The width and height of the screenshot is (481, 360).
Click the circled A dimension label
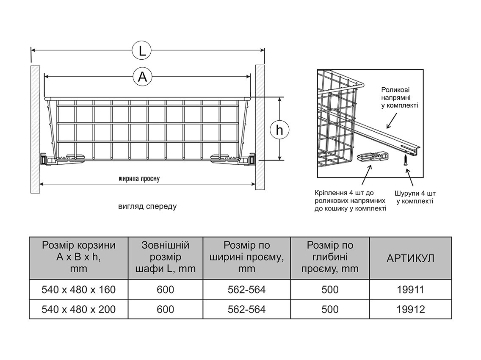pos(142,77)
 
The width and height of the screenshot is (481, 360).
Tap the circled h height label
pos(279,130)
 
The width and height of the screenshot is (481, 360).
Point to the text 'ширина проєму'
pos(139,179)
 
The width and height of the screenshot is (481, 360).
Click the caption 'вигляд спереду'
pos(147,207)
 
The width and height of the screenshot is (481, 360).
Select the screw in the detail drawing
pos(405,160)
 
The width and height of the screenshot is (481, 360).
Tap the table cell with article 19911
pos(410,290)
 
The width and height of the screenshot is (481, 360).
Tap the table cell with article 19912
pos(410,310)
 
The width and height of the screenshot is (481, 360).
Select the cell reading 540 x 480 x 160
pos(79,290)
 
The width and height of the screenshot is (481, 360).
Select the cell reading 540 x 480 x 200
pos(79,310)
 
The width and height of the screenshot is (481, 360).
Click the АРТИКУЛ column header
pos(410,258)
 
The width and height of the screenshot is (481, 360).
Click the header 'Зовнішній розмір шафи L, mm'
pos(166,257)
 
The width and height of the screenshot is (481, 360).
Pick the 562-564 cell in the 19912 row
pos(246,310)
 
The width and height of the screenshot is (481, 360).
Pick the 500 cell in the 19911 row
pos(330,290)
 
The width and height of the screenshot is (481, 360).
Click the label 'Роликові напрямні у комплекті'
pos(399,97)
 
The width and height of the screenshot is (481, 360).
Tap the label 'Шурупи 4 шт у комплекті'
pos(415,197)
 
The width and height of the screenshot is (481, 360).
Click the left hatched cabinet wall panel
pos(35,129)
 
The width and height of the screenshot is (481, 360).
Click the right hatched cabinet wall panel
pos(260,129)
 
